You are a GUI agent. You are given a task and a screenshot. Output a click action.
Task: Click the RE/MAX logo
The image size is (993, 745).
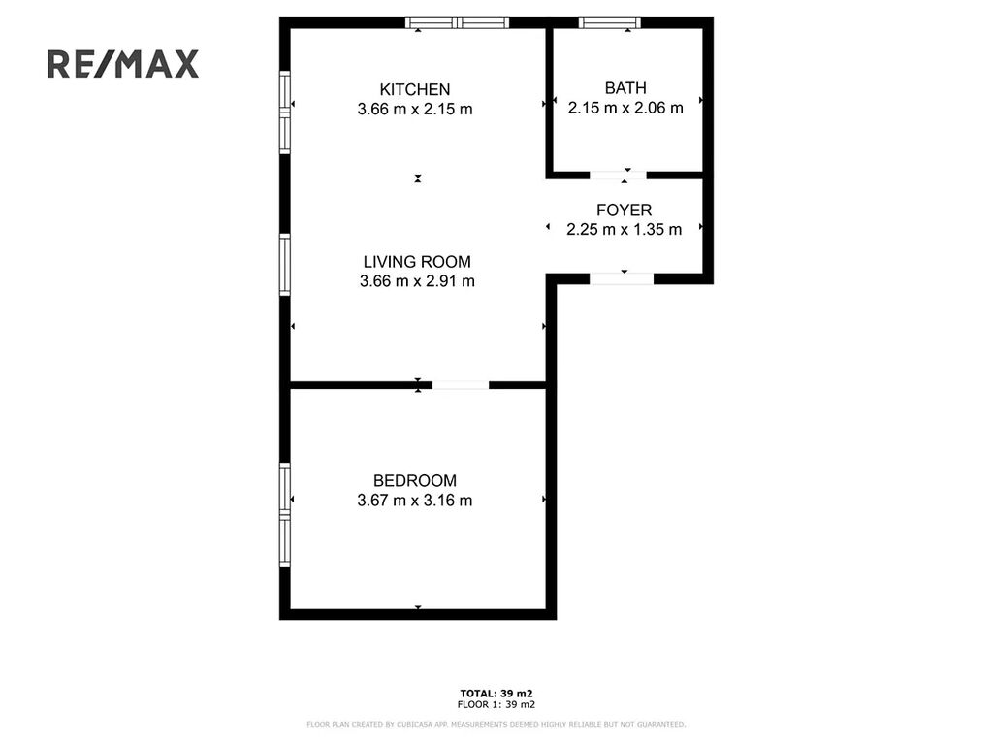coord(123,64)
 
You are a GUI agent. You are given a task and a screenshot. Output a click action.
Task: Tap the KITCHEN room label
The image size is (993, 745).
coord(415,89)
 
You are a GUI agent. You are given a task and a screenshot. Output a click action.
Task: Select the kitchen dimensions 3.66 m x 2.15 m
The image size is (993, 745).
coord(415,109)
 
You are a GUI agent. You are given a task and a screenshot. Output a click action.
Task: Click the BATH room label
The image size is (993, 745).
coord(625,88)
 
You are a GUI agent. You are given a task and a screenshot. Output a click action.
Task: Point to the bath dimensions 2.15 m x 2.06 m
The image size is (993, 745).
coord(625,108)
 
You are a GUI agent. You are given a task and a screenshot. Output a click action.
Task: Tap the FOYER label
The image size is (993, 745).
coord(624,210)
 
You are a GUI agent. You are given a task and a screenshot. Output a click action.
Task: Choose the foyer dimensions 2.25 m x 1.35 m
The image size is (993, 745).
coord(624,229)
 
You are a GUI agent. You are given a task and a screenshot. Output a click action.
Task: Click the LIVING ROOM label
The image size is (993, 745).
coord(417,262)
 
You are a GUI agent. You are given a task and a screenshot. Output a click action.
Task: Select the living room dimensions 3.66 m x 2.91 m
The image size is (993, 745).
coord(417,281)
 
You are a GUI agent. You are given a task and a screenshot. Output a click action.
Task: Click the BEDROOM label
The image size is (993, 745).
coord(415,481)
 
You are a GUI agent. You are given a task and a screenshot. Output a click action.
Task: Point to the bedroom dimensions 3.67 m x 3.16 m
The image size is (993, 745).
coord(415,501)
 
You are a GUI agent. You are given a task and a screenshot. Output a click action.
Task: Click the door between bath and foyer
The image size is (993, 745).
coord(618,176)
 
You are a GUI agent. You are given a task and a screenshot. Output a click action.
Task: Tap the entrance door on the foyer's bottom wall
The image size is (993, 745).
coord(622,278)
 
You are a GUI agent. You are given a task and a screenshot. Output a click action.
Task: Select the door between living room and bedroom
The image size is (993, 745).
coord(461,385)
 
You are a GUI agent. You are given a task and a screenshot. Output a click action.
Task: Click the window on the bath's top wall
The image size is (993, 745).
coord(609,23)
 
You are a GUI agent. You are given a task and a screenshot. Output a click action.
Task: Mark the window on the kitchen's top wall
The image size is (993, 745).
coord(458,23)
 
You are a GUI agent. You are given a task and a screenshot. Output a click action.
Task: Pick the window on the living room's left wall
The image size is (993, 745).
coord(285,264)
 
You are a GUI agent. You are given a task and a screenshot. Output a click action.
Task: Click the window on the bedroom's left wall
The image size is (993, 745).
coord(285,514)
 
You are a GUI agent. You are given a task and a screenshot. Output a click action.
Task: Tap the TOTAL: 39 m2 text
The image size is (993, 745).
coord(496,694)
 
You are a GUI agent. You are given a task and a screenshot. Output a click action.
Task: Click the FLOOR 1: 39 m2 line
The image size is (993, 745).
coord(496,704)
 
